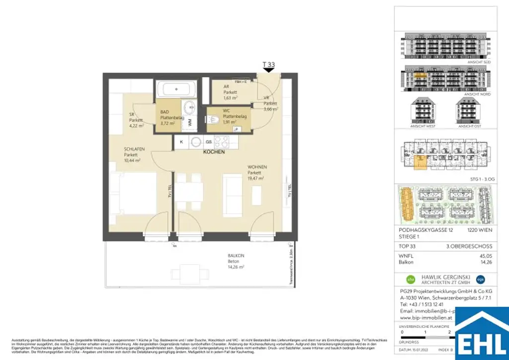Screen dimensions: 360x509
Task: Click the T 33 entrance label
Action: click(x=268, y=65)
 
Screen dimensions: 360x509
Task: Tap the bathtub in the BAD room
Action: click(x=176, y=90)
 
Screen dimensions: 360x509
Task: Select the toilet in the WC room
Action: click(x=214, y=120)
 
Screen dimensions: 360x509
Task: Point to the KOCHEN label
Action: click(x=214, y=152)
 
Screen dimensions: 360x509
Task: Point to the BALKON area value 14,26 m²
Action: click(x=236, y=267)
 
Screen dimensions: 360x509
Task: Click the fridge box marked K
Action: click(x=181, y=142)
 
